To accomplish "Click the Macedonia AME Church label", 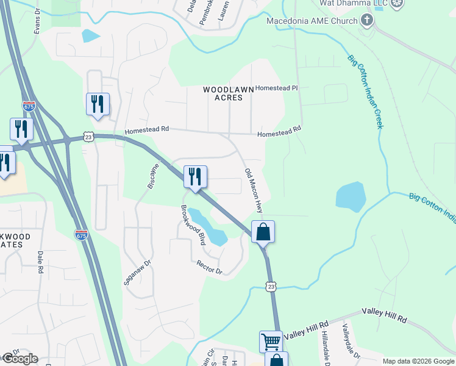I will click(x=312, y=21).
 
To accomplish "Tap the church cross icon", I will click(x=367, y=21).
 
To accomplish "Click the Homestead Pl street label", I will click(x=276, y=88).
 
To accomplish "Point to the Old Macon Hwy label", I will click(x=254, y=190).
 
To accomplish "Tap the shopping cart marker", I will click(x=271, y=342).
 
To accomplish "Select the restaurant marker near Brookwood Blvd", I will click(x=195, y=177).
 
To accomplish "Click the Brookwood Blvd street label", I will click(x=193, y=224).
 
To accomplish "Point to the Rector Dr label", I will click(x=209, y=267).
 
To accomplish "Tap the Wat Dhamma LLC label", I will click(x=354, y=3).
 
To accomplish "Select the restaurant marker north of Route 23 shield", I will click(x=98, y=104).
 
